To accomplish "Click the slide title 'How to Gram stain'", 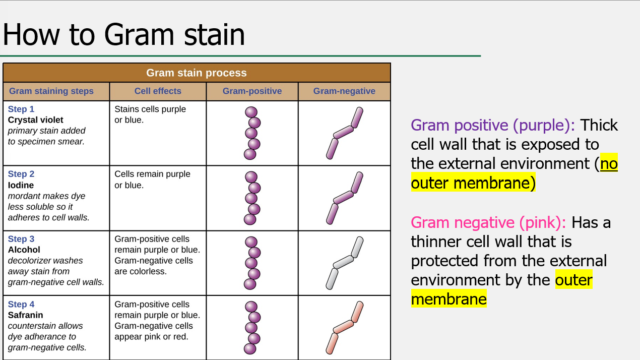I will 124,34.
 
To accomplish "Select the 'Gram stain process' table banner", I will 197,73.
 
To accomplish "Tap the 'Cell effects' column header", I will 158,91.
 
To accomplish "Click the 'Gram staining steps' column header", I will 51,91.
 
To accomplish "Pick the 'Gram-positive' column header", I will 252,91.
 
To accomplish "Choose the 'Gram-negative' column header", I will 344,91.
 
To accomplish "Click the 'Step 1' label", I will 21,109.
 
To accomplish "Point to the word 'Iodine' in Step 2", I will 21,185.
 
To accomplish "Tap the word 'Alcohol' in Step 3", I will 24,250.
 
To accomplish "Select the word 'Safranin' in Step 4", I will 25,315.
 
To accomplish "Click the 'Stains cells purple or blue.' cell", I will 150,114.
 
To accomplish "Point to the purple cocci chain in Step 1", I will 251,133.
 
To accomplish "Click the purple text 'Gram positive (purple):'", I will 493,125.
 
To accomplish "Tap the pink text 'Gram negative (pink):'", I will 488,222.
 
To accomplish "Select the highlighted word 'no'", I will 609,164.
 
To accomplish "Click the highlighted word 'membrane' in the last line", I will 449,299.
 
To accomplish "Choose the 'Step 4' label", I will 21,305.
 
